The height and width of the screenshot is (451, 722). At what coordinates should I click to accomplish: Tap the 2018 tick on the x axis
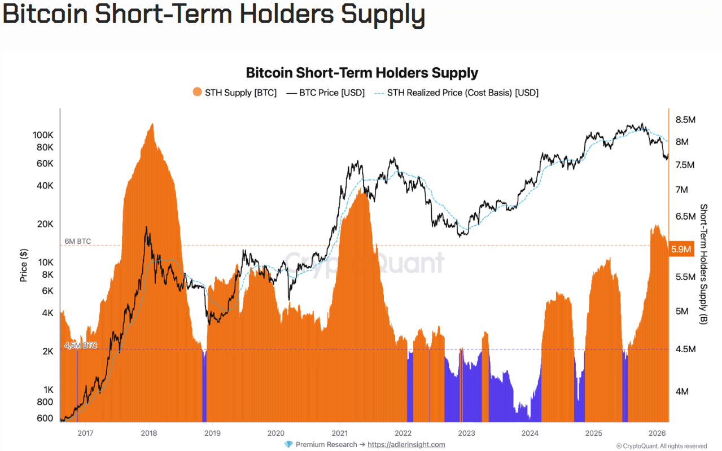(149, 433)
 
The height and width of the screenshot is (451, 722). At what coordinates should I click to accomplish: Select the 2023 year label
(466, 433)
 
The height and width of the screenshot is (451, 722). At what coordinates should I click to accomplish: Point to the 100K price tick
(43, 135)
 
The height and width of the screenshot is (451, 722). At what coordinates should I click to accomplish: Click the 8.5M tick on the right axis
(685, 120)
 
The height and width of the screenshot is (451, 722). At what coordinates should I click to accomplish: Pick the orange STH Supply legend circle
(197, 93)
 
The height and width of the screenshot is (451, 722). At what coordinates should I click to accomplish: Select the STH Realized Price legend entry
(456, 93)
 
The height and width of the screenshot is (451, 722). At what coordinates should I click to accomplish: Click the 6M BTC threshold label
(77, 242)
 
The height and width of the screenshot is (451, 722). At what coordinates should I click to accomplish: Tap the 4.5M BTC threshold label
(81, 345)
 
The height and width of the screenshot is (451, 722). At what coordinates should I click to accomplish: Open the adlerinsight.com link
(406, 444)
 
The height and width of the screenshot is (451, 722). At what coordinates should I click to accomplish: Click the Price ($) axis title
(24, 265)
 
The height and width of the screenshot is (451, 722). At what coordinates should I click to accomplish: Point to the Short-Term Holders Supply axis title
(703, 264)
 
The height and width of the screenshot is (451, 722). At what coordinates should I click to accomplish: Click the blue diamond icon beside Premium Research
(289, 444)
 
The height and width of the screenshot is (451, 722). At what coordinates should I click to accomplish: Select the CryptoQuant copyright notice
(661, 446)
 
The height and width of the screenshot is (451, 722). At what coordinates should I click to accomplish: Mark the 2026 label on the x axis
(657, 433)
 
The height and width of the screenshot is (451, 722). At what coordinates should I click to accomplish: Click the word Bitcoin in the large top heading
(46, 15)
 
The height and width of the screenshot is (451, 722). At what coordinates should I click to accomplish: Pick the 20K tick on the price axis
(45, 224)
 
